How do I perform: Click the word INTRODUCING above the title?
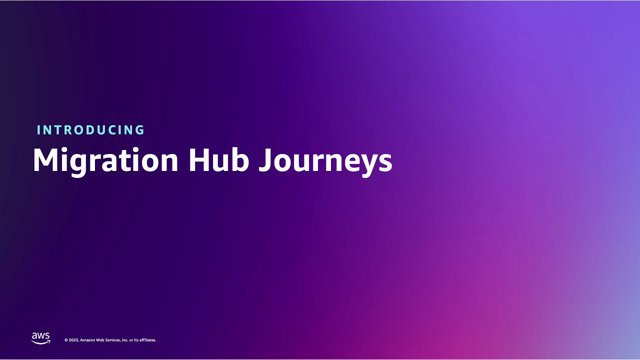[x=90, y=130]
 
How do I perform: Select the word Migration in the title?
[x=105, y=160]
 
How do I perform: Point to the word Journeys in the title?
[x=325, y=160]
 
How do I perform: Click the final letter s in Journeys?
[x=385, y=163]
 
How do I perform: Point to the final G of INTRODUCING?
[x=139, y=130]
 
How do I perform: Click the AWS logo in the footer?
[x=40, y=338]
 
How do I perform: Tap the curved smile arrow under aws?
[x=41, y=342]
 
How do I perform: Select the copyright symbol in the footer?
[x=66, y=340]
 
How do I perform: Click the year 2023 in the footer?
[x=73, y=340]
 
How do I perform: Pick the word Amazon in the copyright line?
[x=87, y=340]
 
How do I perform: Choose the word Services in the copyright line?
[x=113, y=340]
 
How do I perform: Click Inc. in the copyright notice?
[x=125, y=340]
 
